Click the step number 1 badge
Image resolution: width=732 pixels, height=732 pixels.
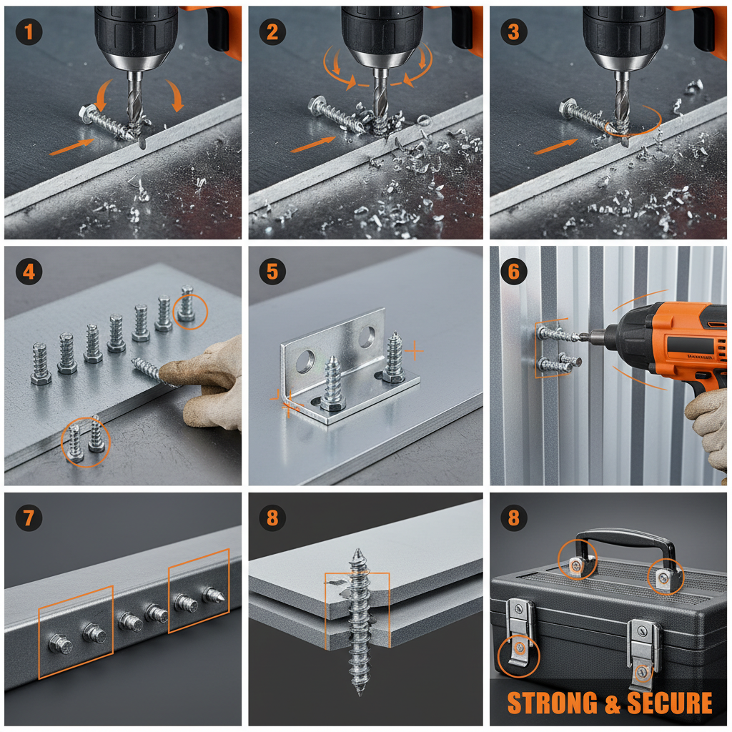point(29,32)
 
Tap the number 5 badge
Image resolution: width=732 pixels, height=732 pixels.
point(272,272)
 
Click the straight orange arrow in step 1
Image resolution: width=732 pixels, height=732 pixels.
point(71,146)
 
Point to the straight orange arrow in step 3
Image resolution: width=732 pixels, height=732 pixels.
point(555,146)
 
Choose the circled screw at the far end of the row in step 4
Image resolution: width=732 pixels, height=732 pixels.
point(187,307)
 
